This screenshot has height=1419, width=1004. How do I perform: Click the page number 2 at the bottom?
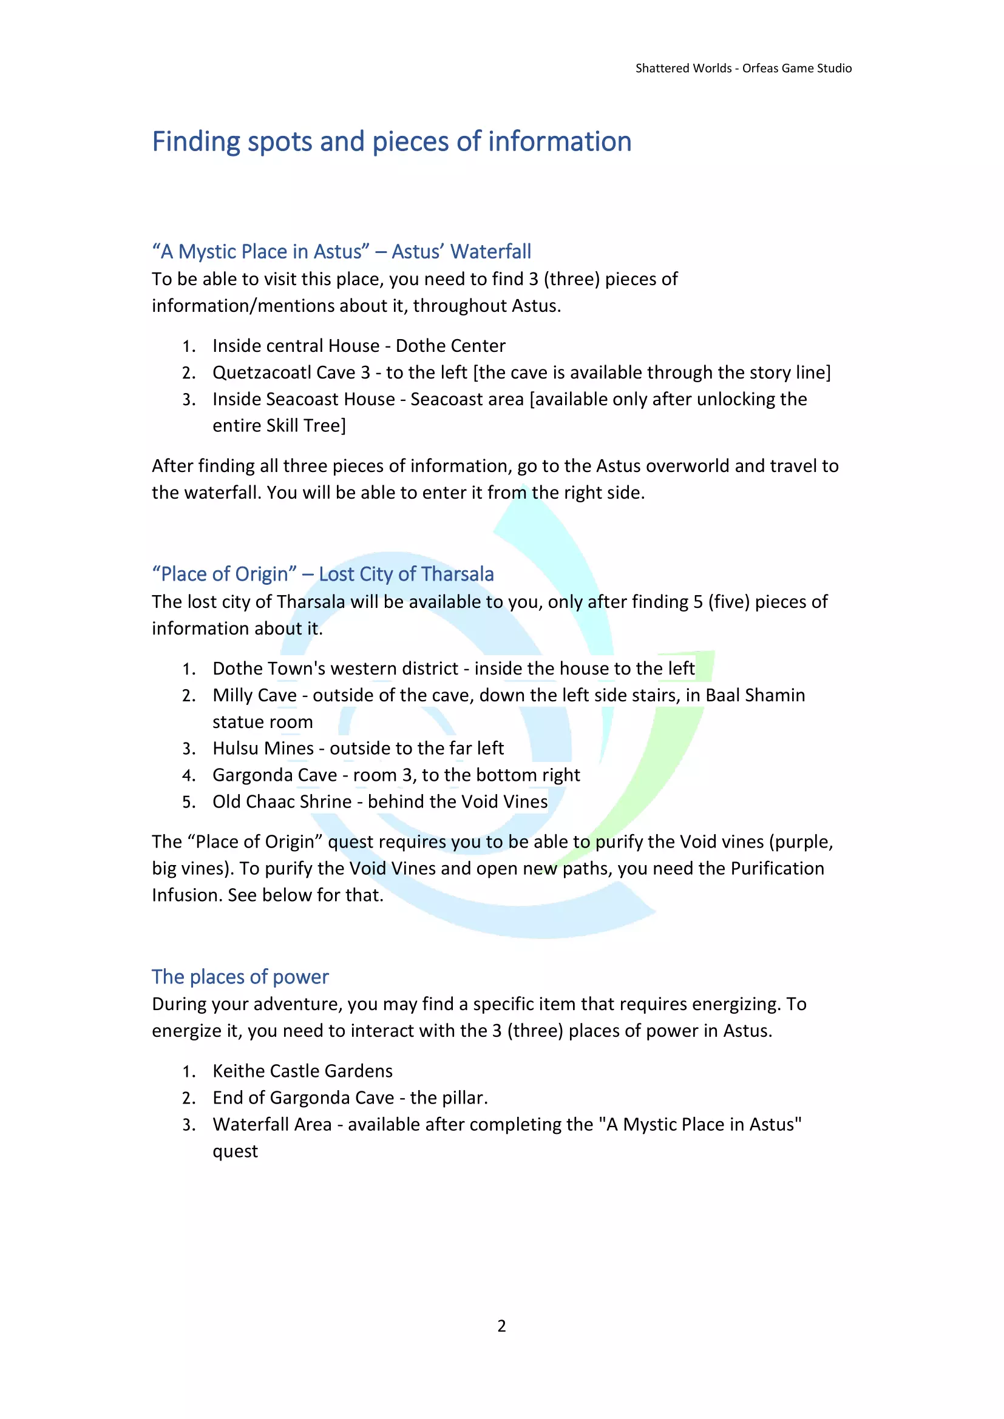[501, 1326]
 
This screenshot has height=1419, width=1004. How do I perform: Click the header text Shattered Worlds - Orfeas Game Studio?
[743, 68]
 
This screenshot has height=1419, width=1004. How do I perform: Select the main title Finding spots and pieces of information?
[392, 141]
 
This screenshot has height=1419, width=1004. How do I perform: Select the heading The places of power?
[240, 977]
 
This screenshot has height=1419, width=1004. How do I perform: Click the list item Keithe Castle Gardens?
[302, 1071]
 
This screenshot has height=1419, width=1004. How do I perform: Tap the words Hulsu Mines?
[263, 749]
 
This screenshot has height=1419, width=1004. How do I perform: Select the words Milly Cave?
[254, 695]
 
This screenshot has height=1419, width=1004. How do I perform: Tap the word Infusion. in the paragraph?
[188, 895]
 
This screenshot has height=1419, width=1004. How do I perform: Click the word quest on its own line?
[235, 1151]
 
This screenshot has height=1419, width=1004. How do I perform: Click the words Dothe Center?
[450, 346]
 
